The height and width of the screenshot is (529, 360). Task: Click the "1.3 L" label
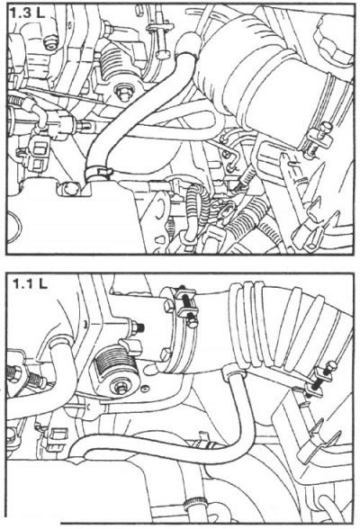(26, 13)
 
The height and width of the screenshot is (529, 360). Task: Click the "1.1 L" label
(30, 283)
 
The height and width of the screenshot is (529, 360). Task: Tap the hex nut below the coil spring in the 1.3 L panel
(123, 92)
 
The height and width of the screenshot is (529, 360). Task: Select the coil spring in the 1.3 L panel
(116, 62)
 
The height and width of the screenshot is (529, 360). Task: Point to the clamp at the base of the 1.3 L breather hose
(97, 174)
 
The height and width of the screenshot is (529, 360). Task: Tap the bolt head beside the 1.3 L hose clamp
(68, 188)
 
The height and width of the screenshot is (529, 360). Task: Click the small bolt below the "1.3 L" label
(51, 43)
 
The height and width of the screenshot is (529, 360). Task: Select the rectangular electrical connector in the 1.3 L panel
(40, 154)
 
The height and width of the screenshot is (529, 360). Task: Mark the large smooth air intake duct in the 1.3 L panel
(266, 77)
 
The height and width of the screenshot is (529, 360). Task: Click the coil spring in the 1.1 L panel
(115, 363)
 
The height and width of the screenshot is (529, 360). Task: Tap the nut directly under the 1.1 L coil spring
(121, 388)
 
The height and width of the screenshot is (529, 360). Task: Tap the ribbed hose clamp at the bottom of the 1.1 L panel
(191, 505)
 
